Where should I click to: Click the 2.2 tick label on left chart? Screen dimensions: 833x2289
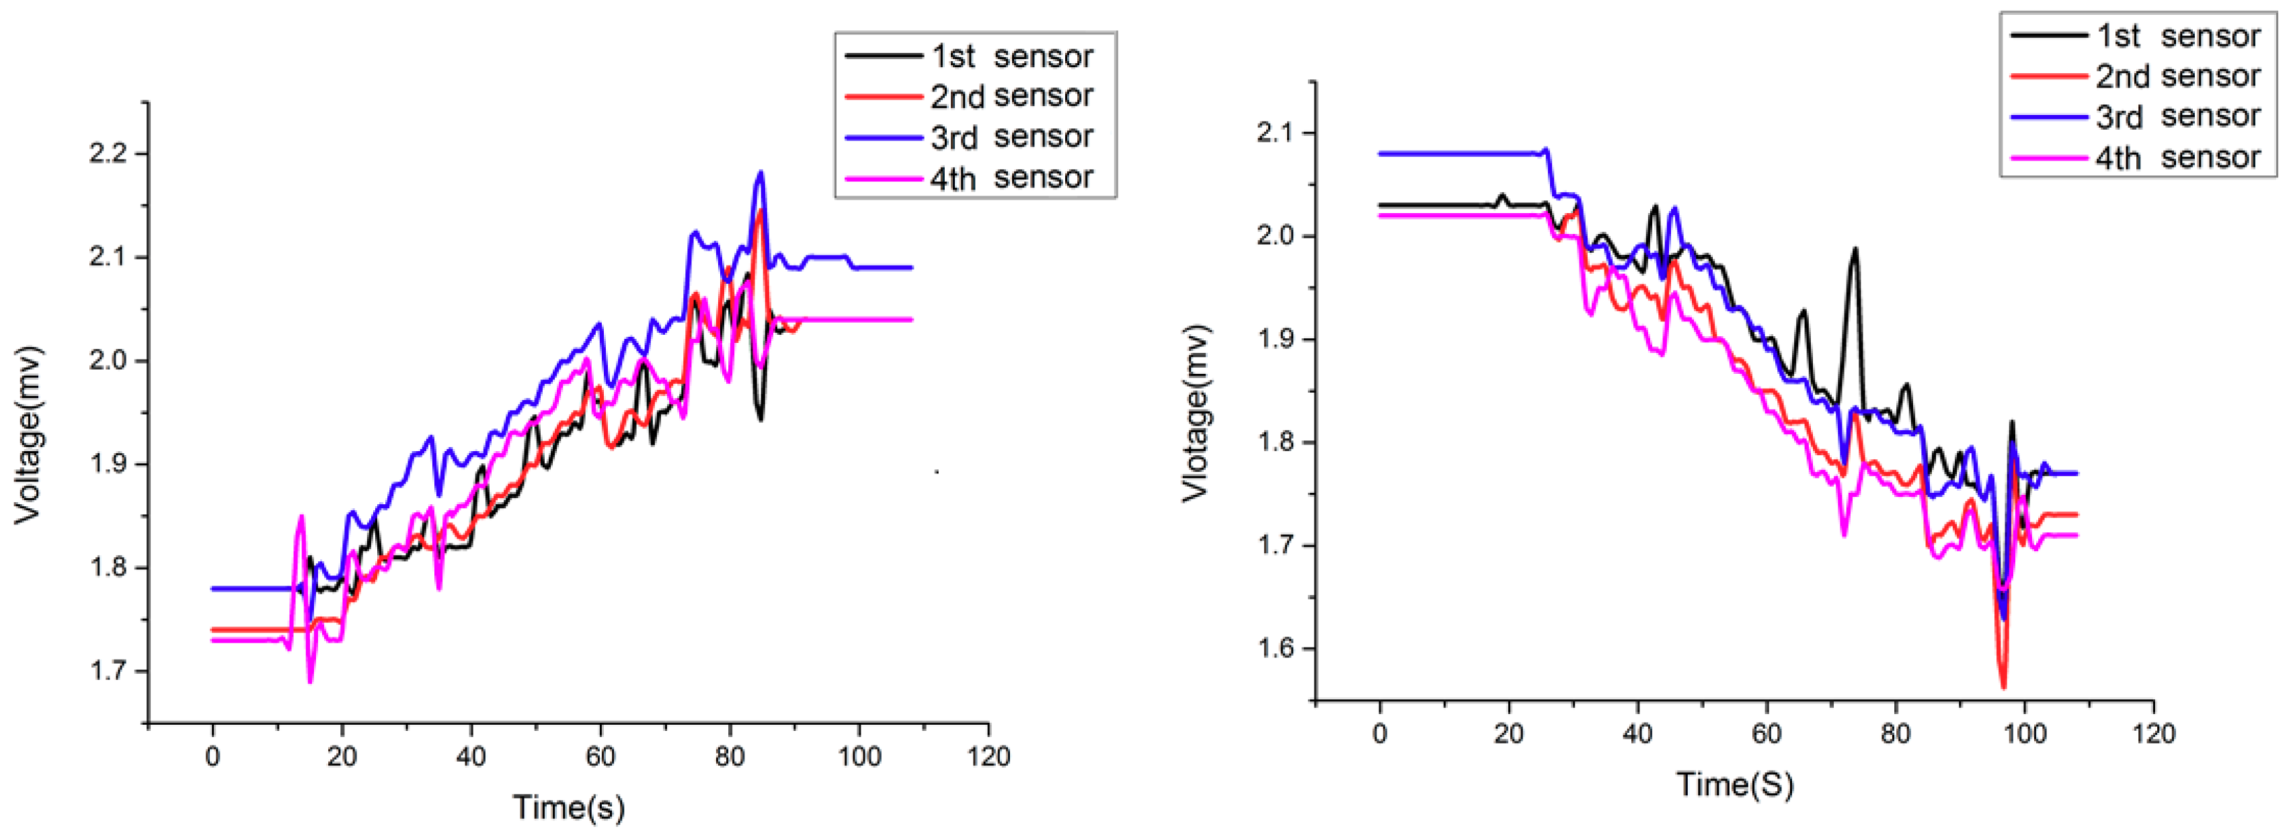[108, 154]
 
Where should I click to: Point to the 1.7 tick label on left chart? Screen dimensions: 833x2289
[108, 670]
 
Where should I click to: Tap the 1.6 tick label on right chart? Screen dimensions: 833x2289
[1276, 648]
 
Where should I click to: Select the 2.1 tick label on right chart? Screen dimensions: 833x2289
[1276, 133]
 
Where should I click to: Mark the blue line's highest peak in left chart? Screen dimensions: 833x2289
[761, 172]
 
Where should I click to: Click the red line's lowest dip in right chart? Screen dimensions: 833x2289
[2003, 686]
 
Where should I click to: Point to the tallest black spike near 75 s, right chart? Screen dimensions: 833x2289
[1855, 249]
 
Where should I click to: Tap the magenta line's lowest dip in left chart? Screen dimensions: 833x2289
[310, 681]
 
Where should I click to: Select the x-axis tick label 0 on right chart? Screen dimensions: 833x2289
[1380, 734]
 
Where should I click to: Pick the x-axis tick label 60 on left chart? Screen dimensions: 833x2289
[600, 756]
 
